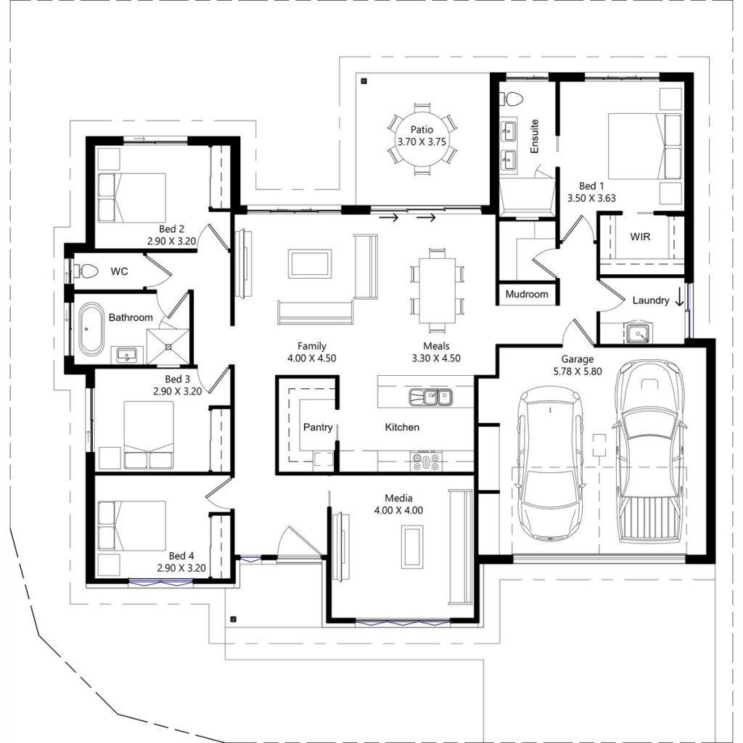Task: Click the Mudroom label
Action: pyautogui.click(x=527, y=295)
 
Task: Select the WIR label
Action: pyautogui.click(x=640, y=237)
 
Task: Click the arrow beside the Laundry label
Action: pyautogui.click(x=680, y=297)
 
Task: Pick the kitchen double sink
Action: pyautogui.click(x=430, y=396)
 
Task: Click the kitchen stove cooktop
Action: pyautogui.click(x=426, y=461)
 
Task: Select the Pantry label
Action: pyautogui.click(x=318, y=427)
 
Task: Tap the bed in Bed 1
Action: pyautogui.click(x=636, y=145)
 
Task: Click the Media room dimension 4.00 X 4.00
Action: pyautogui.click(x=398, y=510)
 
